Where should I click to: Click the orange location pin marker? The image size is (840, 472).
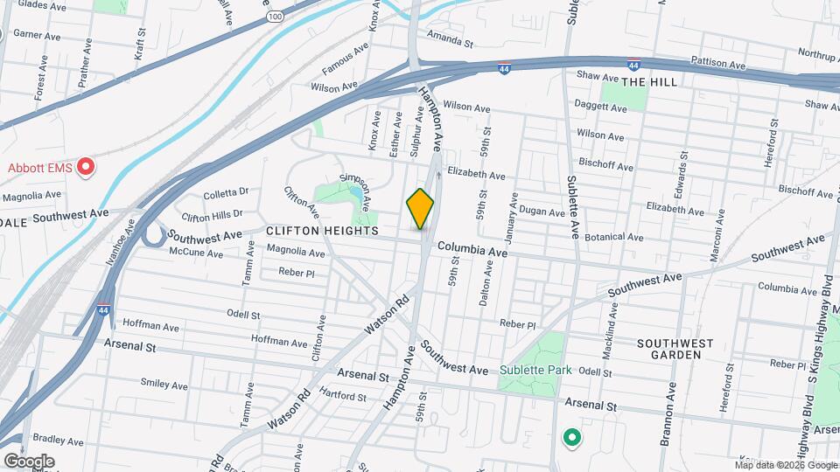[420, 208]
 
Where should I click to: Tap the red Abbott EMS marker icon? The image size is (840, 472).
[86, 167]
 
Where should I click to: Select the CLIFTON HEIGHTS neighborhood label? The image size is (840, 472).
[323, 231]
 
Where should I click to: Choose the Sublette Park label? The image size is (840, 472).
[535, 370]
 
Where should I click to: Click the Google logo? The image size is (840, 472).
[29, 461]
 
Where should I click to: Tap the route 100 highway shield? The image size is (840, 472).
[276, 16]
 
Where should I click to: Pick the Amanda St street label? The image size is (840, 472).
[450, 40]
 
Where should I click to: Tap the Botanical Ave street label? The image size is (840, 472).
[615, 237]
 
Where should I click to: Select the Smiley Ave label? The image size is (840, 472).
[164, 385]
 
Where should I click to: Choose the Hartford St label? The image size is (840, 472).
[344, 396]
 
